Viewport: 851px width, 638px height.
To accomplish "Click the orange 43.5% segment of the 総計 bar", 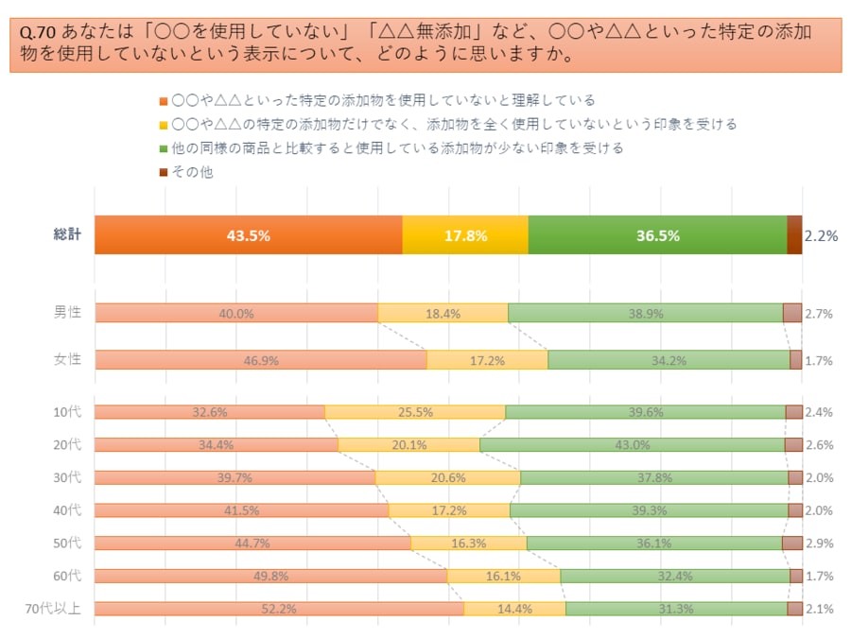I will click(x=249, y=235).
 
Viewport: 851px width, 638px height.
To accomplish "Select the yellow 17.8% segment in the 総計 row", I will click(x=465, y=235).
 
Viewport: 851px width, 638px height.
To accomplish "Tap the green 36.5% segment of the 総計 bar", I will click(x=657, y=235).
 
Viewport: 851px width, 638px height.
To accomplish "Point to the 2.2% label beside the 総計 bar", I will click(x=821, y=236).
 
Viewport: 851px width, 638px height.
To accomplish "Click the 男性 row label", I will click(x=67, y=314).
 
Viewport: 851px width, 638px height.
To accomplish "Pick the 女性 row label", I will click(x=67, y=360).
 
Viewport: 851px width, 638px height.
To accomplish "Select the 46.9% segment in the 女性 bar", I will click(x=260, y=360).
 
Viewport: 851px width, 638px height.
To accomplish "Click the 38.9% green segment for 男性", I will click(x=645, y=314).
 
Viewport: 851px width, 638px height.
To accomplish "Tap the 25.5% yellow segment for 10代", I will click(x=415, y=412).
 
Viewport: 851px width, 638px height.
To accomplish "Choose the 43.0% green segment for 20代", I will click(x=632, y=445).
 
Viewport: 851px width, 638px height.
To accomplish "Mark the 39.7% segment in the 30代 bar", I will click(x=234, y=478).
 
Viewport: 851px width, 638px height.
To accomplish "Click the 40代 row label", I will click(x=67, y=510).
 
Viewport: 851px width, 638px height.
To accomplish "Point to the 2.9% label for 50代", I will click(x=819, y=543).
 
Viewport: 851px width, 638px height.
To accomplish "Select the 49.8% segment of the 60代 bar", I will click(x=270, y=576).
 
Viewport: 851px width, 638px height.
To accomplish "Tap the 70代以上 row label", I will click(x=53, y=609).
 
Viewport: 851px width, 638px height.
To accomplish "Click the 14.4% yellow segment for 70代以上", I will click(x=514, y=609).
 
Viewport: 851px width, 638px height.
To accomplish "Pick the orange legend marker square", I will click(x=164, y=100).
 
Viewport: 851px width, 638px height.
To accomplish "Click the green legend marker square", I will click(x=164, y=148).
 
